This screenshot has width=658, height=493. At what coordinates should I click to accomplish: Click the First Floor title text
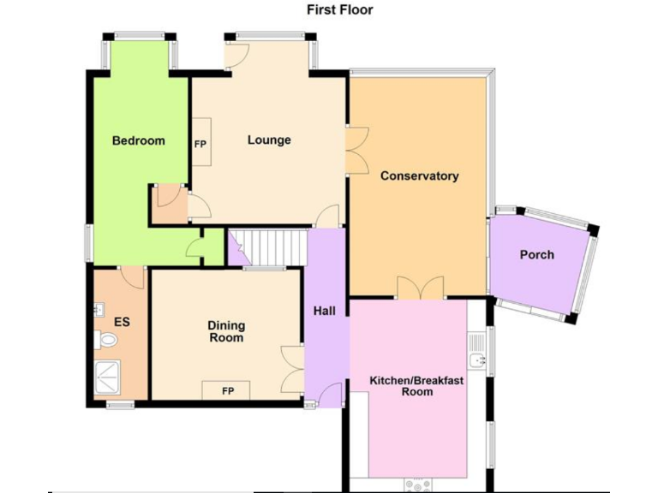340,10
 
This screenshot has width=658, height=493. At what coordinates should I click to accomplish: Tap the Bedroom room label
138,140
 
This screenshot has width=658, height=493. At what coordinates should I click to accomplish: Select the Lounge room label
269,140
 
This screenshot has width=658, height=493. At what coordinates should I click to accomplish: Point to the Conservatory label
419,176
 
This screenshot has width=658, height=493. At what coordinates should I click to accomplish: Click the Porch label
536,254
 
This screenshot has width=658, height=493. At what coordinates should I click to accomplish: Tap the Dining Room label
226,331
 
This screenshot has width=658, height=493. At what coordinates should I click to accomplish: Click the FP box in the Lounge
200,145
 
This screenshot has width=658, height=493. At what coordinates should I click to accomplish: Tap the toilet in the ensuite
106,342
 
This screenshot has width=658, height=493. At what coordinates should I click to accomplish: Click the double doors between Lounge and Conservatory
356,151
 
